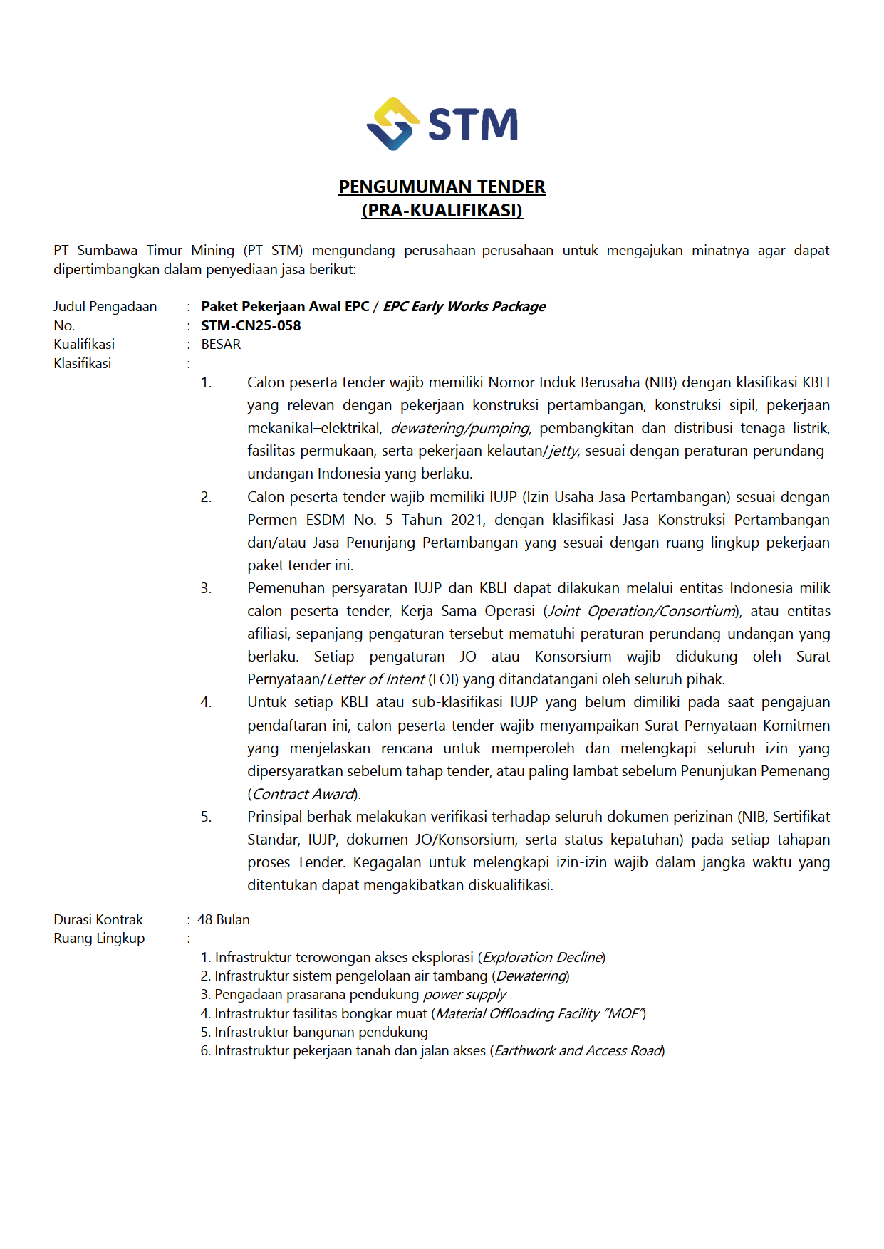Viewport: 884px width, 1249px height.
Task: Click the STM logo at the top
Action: pyautogui.click(x=442, y=124)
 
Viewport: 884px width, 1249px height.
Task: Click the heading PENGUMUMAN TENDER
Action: pyautogui.click(x=442, y=187)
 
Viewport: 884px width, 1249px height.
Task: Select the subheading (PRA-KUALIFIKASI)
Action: pyautogui.click(x=442, y=210)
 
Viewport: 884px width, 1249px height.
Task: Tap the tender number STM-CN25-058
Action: pyautogui.click(x=251, y=325)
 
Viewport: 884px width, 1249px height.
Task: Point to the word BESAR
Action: pyautogui.click(x=221, y=344)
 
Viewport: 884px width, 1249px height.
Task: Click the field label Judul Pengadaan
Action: pyautogui.click(x=105, y=306)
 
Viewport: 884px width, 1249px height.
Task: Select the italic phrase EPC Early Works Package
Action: pyautogui.click(x=464, y=306)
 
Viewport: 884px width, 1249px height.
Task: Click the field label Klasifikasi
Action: pyautogui.click(x=82, y=363)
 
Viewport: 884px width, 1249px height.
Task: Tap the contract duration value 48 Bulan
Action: pyautogui.click(x=224, y=919)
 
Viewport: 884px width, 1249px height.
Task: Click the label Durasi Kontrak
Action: pyautogui.click(x=98, y=919)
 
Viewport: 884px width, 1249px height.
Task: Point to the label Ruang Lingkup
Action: pyautogui.click(x=99, y=938)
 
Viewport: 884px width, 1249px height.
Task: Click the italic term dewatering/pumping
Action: pyautogui.click(x=459, y=428)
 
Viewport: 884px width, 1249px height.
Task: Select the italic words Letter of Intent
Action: pyautogui.click(x=375, y=679)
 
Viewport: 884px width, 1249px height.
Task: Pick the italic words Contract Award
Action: pyautogui.click(x=303, y=794)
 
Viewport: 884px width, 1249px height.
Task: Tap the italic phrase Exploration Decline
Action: pyautogui.click(x=542, y=957)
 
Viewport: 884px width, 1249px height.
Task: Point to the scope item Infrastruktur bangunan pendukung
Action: pyautogui.click(x=321, y=1032)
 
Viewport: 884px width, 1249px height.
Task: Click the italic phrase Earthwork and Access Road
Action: pyautogui.click(x=578, y=1050)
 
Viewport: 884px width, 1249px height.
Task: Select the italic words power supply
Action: pyautogui.click(x=464, y=994)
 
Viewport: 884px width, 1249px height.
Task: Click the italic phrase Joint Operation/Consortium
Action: pyautogui.click(x=642, y=611)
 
